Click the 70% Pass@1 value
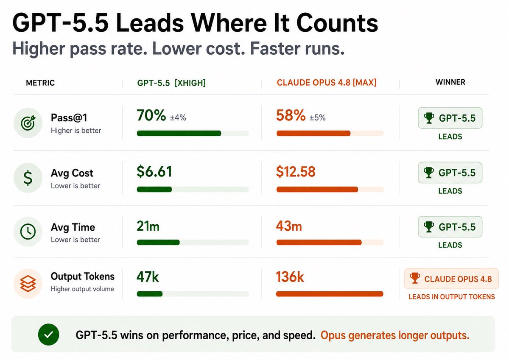click(x=151, y=115)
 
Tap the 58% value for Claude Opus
click(x=291, y=115)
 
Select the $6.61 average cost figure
click(x=154, y=171)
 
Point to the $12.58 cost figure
click(x=296, y=171)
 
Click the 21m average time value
click(x=148, y=226)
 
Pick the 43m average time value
click(x=289, y=226)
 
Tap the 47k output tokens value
click(x=148, y=276)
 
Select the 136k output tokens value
click(x=290, y=276)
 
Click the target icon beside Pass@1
click(x=28, y=123)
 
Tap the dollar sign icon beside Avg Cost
click(x=28, y=178)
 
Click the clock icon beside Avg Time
click(x=28, y=232)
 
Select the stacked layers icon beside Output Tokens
click(x=28, y=283)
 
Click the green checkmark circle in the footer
click(x=48, y=334)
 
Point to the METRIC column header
click(x=40, y=83)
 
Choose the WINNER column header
click(x=450, y=82)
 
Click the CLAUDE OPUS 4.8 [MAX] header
click(x=327, y=82)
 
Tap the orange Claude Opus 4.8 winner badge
click(x=451, y=279)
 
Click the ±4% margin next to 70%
click(x=178, y=117)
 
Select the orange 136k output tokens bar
click(x=330, y=294)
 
